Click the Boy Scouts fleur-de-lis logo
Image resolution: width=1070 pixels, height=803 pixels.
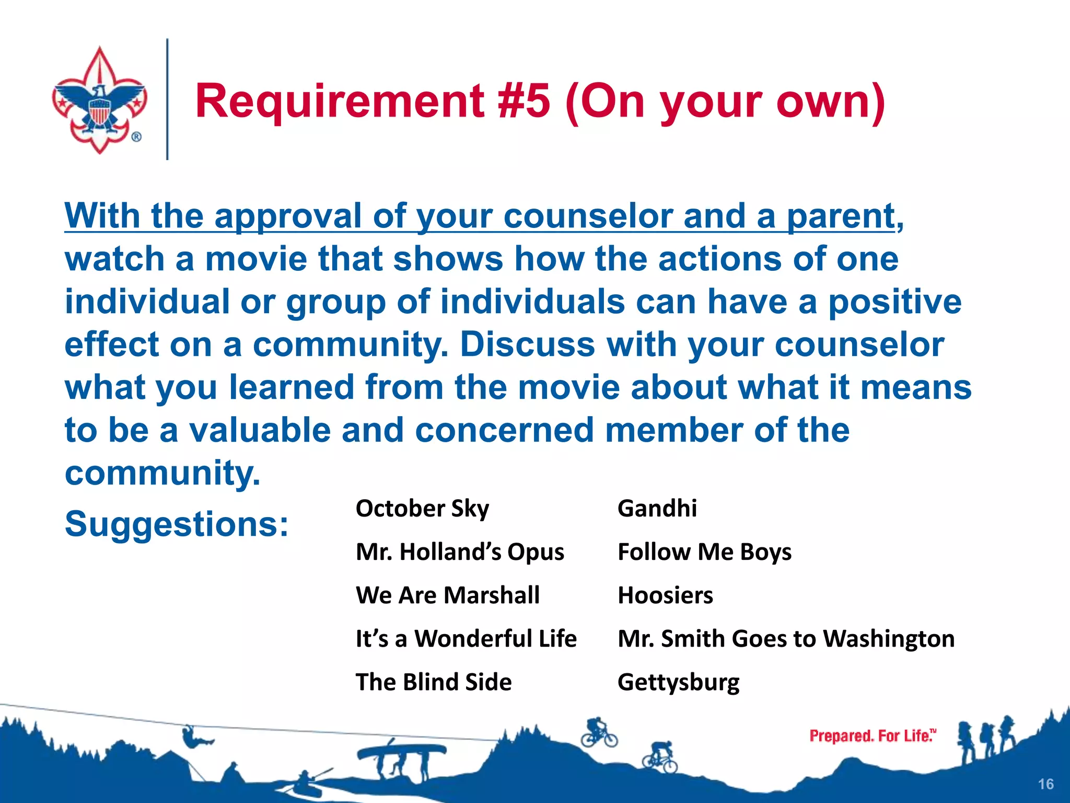click(99, 99)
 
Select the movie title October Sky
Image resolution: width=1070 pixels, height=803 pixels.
click(422, 509)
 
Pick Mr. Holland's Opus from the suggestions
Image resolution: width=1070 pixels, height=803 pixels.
click(460, 552)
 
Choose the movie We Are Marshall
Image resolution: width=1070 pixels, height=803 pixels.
click(448, 595)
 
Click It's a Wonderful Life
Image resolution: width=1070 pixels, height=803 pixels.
click(466, 639)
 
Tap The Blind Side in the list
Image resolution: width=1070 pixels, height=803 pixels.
click(434, 682)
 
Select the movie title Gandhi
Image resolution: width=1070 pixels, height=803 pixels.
click(657, 509)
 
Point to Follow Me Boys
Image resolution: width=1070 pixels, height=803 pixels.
click(704, 552)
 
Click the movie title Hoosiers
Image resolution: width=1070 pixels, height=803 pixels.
click(665, 595)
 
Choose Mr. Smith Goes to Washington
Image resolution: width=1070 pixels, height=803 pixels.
click(786, 639)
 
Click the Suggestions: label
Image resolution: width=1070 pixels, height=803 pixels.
click(177, 524)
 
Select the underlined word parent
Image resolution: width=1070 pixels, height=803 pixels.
click(841, 216)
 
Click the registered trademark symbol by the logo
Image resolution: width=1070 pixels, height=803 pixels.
click(136, 137)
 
